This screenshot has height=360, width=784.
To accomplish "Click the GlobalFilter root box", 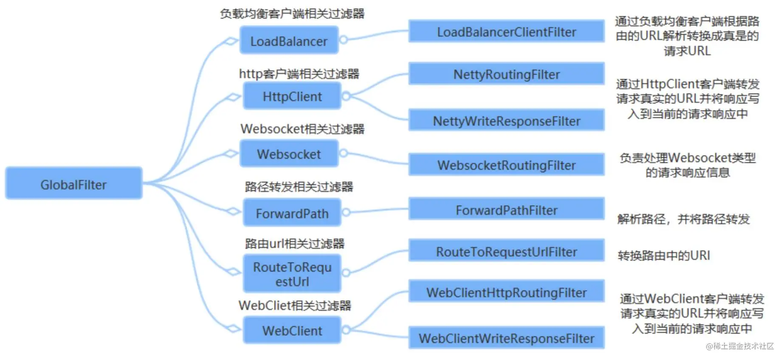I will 73,183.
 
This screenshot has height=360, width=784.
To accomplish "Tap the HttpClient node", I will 292,96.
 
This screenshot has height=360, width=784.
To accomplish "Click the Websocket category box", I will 289,154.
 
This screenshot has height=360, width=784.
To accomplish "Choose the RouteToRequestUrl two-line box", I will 292,274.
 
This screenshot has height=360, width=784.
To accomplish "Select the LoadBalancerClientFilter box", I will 506,31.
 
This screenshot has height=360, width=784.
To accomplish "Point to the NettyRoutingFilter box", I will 506,74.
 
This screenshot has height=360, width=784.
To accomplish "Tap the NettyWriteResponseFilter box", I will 506,121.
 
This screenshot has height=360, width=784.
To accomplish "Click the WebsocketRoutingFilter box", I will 506,165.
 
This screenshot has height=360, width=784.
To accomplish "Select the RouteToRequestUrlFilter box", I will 506,251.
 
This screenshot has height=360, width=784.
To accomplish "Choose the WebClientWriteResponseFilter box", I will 506,338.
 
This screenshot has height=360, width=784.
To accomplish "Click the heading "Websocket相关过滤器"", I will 302,129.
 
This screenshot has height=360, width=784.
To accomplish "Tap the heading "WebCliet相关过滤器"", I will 295,305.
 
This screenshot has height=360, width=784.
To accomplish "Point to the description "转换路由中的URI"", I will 663,255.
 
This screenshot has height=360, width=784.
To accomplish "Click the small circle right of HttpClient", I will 346,96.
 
